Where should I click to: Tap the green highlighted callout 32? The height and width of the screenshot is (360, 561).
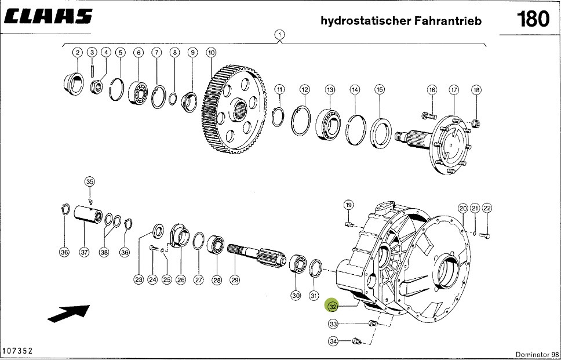[333, 306]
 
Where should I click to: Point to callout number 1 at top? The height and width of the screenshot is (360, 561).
[280, 35]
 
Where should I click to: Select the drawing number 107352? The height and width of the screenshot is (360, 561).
[17, 351]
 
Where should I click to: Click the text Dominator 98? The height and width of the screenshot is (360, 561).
[536, 354]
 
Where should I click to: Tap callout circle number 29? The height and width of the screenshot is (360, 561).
[234, 280]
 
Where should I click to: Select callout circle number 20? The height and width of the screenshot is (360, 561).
[462, 208]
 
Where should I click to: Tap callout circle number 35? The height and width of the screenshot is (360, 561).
[89, 182]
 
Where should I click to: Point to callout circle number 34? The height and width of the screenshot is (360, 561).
[333, 341]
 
